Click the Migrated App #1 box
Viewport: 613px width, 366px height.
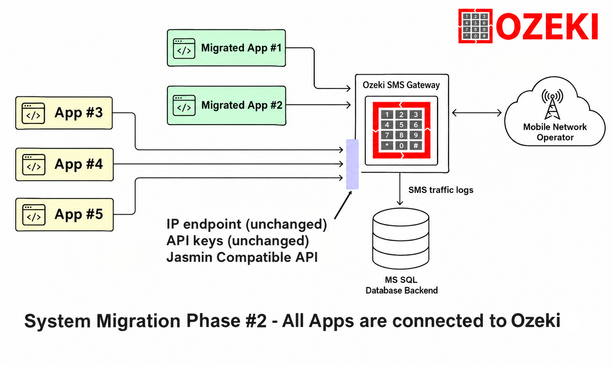coord(226,48)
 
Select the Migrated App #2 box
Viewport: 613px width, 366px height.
coord(227,105)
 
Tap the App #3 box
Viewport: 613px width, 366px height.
coord(64,113)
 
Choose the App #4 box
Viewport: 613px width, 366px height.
coord(65,165)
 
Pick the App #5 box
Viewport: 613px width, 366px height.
coord(65,215)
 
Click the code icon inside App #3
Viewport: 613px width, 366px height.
coord(33,113)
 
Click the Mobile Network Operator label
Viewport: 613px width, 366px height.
coord(555,132)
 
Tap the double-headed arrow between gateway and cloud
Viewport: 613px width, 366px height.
coord(477,113)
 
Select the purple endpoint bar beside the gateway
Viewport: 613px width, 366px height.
coord(352,164)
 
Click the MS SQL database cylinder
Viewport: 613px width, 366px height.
coord(401,238)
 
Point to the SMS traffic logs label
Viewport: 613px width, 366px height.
coord(441,190)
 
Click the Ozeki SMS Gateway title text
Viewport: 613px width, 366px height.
coord(401,85)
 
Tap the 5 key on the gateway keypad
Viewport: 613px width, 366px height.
coord(401,125)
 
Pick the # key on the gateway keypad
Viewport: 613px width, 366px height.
coord(416,146)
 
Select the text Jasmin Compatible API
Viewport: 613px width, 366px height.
coord(242,257)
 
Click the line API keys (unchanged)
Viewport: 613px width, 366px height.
coord(238,241)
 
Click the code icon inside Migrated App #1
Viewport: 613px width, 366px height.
coord(184,48)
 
